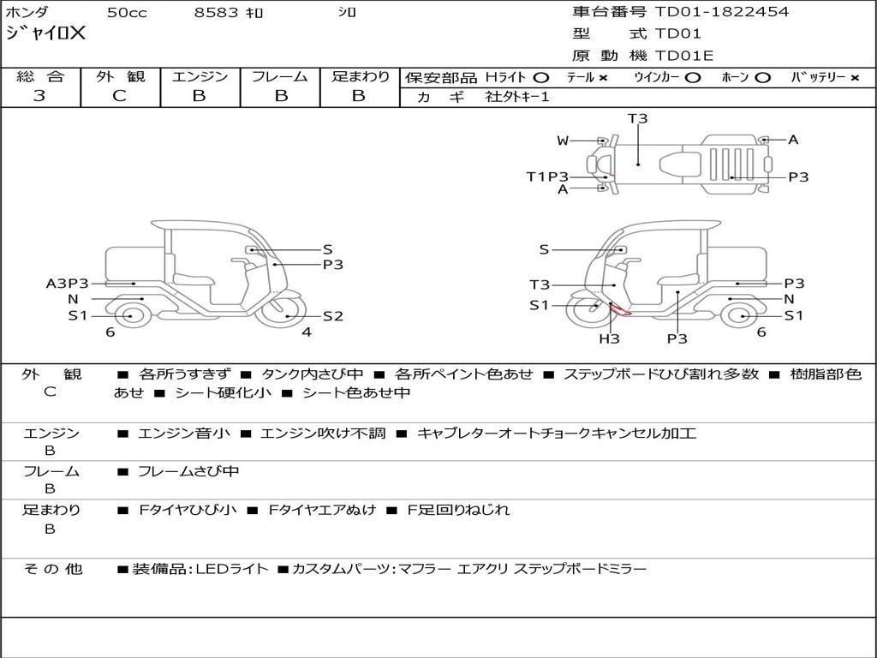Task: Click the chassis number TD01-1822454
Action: tap(721, 11)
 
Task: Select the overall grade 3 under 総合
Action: tap(39, 96)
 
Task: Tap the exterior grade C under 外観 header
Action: tap(119, 96)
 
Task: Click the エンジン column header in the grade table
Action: tap(200, 76)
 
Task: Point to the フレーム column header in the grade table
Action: tap(280, 76)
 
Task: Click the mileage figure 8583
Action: tap(216, 12)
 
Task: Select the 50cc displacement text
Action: tap(127, 12)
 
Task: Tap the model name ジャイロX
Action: tap(45, 33)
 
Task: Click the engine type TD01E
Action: tap(684, 56)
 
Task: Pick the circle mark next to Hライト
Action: tap(541, 78)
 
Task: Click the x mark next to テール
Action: tap(603, 78)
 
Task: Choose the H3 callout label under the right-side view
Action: tap(609, 338)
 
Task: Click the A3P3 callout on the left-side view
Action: tap(67, 284)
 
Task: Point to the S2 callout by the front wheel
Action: tap(333, 316)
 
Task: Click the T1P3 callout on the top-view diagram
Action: tap(547, 176)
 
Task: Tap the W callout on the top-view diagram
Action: tap(563, 141)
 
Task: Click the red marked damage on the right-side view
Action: tap(620, 309)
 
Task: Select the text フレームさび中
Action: tap(188, 472)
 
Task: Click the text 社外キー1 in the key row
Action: tap(517, 97)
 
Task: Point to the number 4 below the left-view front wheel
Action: tap(307, 332)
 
